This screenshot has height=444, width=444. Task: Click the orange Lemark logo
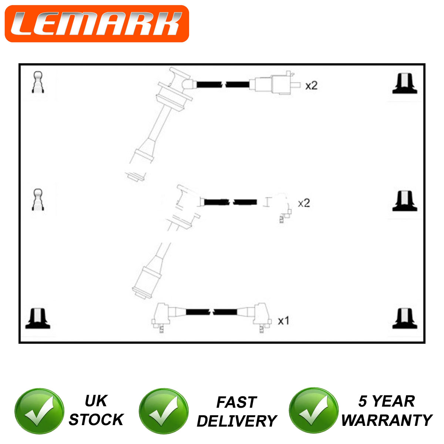[97, 24]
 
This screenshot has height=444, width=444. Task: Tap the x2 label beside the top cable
[311, 86]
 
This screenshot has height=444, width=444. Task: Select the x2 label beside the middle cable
[304, 203]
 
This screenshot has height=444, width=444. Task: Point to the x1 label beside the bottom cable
[283, 320]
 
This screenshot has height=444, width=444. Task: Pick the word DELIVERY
[237, 421]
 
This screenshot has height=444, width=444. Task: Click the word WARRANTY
[387, 420]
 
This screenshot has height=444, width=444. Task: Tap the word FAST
[237, 402]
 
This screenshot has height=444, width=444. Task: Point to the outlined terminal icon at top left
[38, 82]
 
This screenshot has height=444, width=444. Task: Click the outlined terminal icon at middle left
[38, 199]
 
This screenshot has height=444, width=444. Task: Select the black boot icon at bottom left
[38, 318]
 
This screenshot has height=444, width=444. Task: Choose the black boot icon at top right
[405, 83]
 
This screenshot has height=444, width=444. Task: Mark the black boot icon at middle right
[405, 201]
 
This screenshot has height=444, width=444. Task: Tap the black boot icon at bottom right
[405, 318]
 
